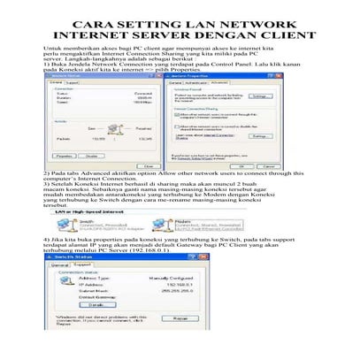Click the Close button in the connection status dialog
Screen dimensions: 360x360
(x=151, y=165)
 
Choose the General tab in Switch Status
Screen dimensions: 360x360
(x=61, y=263)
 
